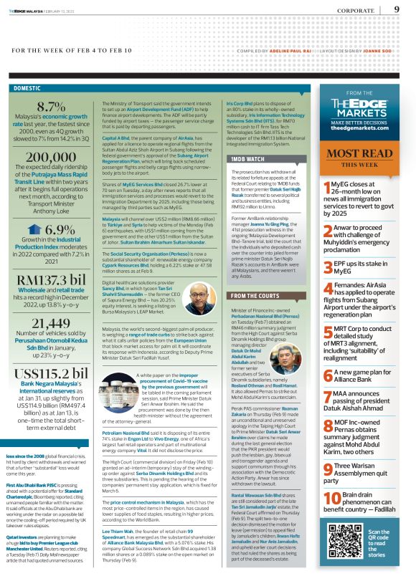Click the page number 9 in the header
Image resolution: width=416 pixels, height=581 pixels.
tap(397, 9)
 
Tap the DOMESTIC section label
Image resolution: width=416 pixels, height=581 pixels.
tap(27, 88)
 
